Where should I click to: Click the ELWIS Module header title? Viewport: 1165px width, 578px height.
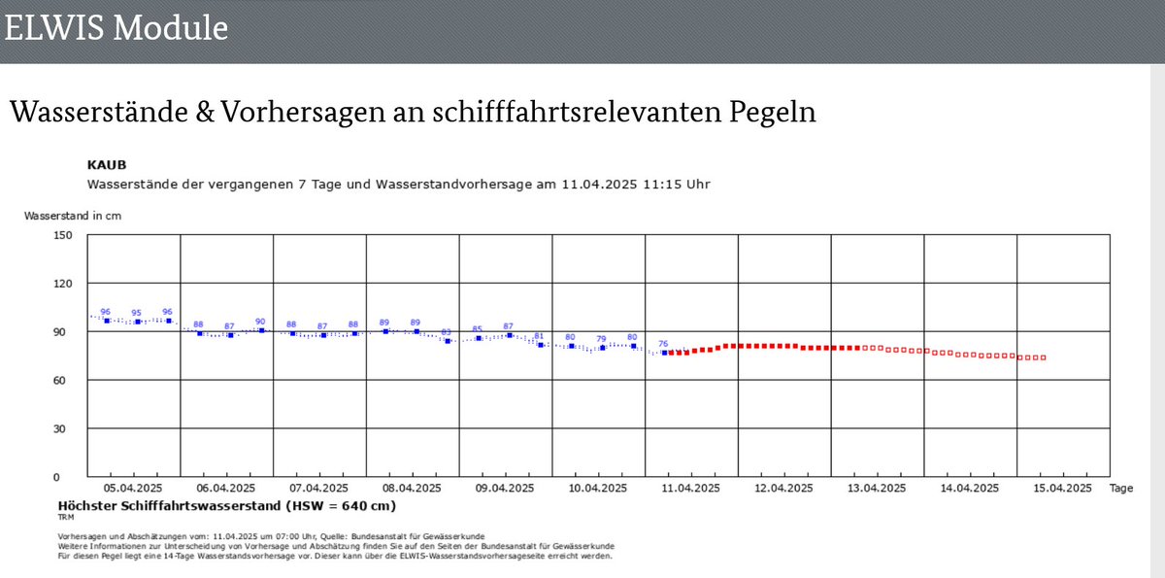tap(116, 27)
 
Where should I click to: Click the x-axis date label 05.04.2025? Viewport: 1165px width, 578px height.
tap(134, 489)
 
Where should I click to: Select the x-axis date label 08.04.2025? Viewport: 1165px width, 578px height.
tap(413, 489)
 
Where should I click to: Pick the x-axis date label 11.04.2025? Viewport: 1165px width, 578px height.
tap(691, 489)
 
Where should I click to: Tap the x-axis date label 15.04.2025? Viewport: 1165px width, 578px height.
tap(1063, 489)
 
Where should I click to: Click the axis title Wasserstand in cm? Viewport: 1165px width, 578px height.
tap(73, 216)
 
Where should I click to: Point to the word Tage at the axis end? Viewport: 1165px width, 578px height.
tap(1120, 489)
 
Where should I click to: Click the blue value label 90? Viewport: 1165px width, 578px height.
tap(260, 322)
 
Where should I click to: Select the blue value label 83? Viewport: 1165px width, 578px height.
tap(446, 332)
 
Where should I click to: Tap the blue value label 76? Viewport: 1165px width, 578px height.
tap(663, 344)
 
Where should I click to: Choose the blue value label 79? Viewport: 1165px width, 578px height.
tap(601, 339)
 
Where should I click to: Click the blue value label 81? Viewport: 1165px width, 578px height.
tap(539, 336)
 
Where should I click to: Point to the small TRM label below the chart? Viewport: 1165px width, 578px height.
tap(66, 518)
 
